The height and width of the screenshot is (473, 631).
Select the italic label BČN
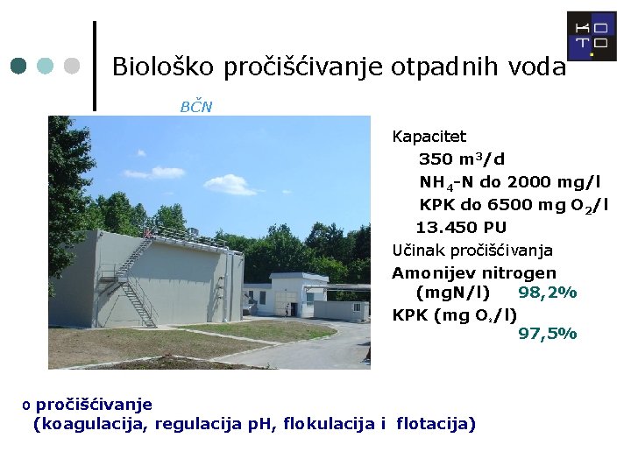pos(195,107)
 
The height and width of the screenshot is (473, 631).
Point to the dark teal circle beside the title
pos(19,67)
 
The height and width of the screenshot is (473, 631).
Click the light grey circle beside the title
pos(73,67)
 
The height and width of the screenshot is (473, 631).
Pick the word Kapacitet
pos(429,137)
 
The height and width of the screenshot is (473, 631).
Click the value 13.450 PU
pos(460,228)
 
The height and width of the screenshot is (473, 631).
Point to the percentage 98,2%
pos(547,293)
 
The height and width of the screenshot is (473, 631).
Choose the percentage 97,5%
pos(547,333)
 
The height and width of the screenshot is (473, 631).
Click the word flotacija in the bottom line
pos(436,425)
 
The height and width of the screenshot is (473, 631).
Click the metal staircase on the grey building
pos(131,280)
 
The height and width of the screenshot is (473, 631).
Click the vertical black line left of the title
pos(95,66)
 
